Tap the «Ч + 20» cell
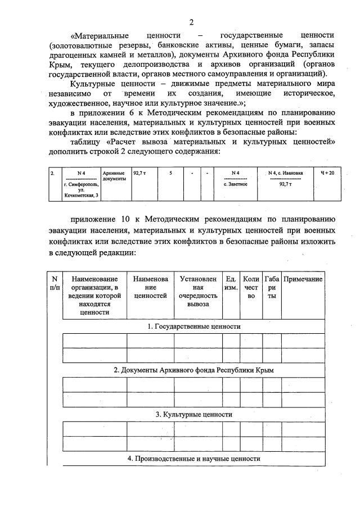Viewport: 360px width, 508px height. (x=327, y=173)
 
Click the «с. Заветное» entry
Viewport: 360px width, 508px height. (x=235, y=184)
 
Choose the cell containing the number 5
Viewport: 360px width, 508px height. (x=170, y=173)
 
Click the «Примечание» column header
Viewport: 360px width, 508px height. (x=303, y=279)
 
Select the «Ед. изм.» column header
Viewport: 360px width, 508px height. (x=231, y=283)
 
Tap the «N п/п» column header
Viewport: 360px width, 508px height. (x=55, y=283)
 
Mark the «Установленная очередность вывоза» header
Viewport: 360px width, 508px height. (x=198, y=291)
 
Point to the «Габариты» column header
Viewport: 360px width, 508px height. (x=272, y=287)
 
